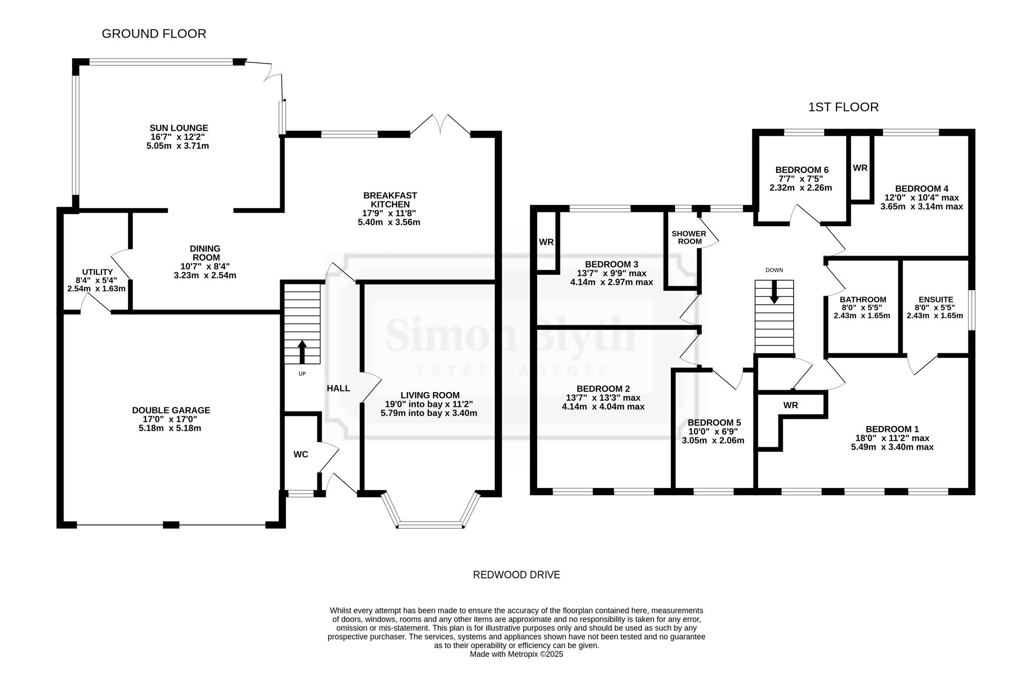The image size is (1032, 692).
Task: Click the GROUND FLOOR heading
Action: [x=154, y=34]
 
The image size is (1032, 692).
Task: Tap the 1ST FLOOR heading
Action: [x=843, y=107]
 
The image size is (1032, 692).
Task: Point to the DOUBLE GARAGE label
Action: [x=171, y=411]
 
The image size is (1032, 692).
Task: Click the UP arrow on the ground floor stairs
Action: [x=302, y=352]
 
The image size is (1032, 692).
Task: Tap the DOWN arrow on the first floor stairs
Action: [x=774, y=292]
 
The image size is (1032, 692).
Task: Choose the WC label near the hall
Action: [x=301, y=454]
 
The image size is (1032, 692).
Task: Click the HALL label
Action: [x=338, y=388]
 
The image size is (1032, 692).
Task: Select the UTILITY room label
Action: [x=98, y=272]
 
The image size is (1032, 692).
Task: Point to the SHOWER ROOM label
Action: [x=689, y=238]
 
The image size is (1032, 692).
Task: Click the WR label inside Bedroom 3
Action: [x=546, y=242]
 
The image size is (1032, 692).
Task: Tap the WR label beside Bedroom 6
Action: [x=860, y=168]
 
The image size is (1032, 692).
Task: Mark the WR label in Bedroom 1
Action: [x=791, y=405]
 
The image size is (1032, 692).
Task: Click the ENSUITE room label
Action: [x=936, y=300]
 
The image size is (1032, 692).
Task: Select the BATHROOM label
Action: [x=863, y=300]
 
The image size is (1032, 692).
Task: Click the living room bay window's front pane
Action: [x=431, y=525]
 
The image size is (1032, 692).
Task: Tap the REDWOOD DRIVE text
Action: [x=517, y=575]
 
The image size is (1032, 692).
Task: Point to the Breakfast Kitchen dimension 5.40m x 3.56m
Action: [x=389, y=223]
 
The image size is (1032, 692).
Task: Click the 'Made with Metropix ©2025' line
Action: [x=517, y=654]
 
